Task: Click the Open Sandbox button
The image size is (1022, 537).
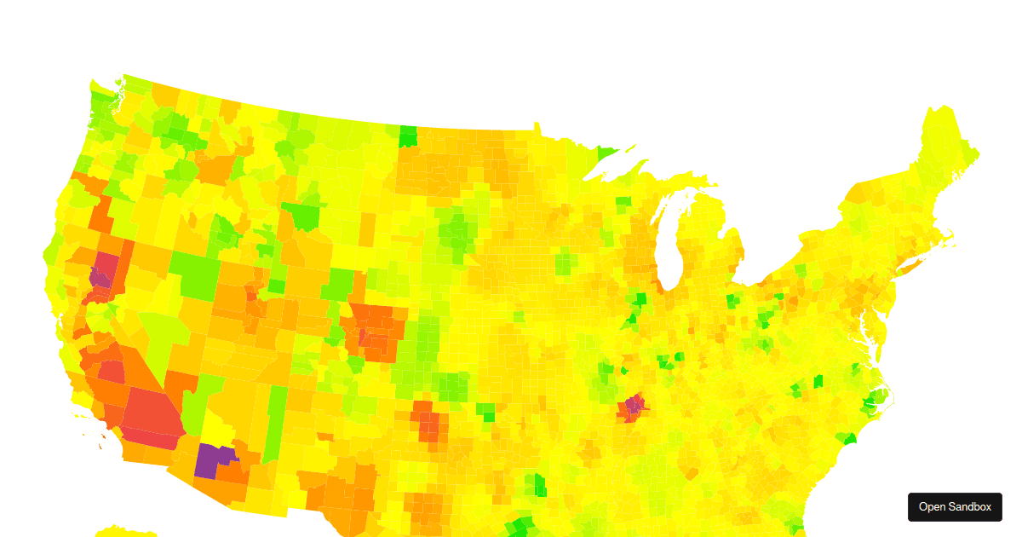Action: tap(955, 506)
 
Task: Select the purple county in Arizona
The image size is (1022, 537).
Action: tap(208, 460)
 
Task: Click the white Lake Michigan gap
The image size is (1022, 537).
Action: tap(670, 239)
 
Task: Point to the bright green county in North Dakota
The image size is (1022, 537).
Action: tap(409, 136)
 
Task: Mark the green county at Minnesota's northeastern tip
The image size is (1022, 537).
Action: tap(606, 153)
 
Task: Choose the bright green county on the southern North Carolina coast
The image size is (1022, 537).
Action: tap(848, 438)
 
